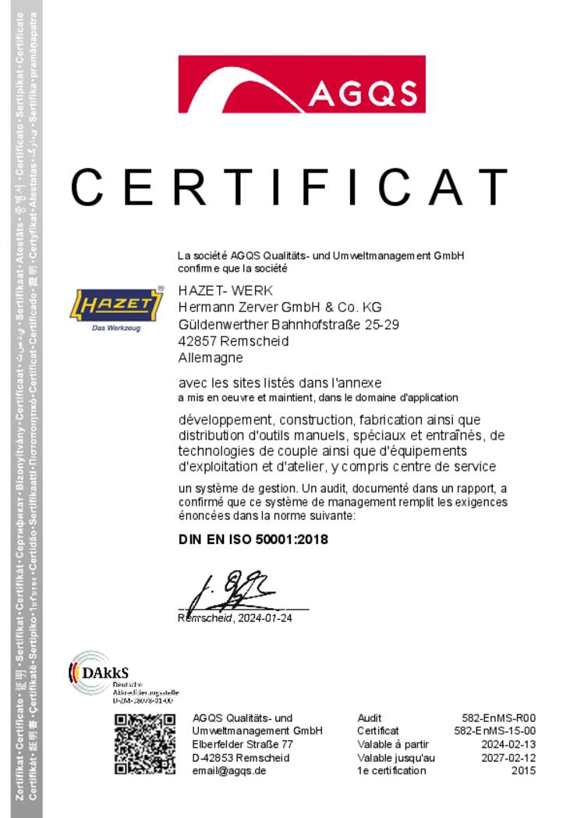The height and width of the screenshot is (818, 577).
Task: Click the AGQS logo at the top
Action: [x=301, y=84]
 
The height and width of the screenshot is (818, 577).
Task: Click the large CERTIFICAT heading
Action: [x=288, y=188]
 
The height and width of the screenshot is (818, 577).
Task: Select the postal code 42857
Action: [x=198, y=341]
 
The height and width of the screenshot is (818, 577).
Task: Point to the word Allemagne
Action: [x=211, y=357]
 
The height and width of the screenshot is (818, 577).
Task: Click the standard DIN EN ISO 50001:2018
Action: [x=253, y=539]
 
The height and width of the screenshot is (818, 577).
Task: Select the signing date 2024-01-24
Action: [x=266, y=618]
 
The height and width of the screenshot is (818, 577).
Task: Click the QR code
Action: [x=144, y=744]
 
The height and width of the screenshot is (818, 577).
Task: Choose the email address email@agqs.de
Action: [x=229, y=771]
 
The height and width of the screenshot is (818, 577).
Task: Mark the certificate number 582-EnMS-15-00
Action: [x=494, y=731]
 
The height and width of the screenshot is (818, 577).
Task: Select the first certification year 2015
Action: [x=523, y=771]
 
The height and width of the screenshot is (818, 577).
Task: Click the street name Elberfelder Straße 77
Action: [x=242, y=745]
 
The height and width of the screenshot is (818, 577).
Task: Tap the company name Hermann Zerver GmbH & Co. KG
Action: [x=280, y=307]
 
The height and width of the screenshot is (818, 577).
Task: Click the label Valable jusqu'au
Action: [x=396, y=758]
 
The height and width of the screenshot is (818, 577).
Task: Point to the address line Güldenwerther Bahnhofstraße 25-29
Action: [x=288, y=324]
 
